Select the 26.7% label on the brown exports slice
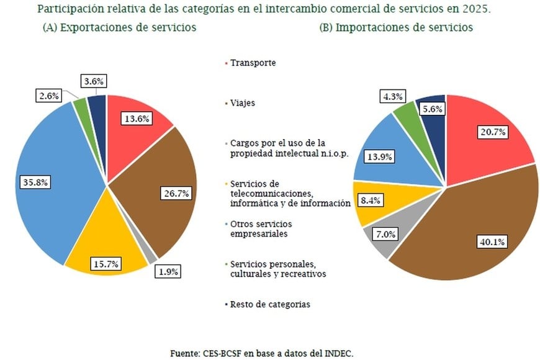[x=176, y=194]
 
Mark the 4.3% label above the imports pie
[x=392, y=96]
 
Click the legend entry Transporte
[x=252, y=63]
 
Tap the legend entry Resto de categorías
[x=269, y=304]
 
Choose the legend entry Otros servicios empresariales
[x=261, y=229]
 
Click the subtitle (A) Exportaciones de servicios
[x=119, y=27]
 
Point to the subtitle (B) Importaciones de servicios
[x=396, y=27]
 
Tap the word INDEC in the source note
[x=338, y=353]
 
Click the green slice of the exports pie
[x=81, y=107]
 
